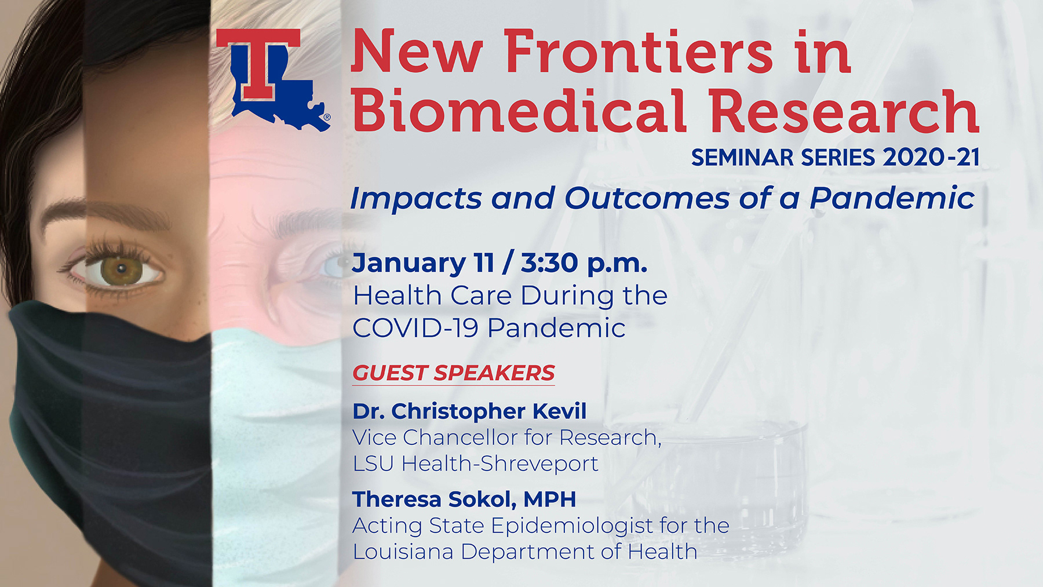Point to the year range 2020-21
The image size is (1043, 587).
[931, 158]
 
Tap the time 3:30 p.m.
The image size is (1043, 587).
[584, 264]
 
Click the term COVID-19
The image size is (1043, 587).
[415, 328]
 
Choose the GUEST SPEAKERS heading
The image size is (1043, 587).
[454, 373]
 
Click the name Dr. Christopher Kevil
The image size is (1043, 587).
[469, 411]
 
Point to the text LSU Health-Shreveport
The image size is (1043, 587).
[475, 464]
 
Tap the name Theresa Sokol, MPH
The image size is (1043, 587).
[464, 499]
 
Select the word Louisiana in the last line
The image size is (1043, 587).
[403, 552]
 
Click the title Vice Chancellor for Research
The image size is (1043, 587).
[507, 437]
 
